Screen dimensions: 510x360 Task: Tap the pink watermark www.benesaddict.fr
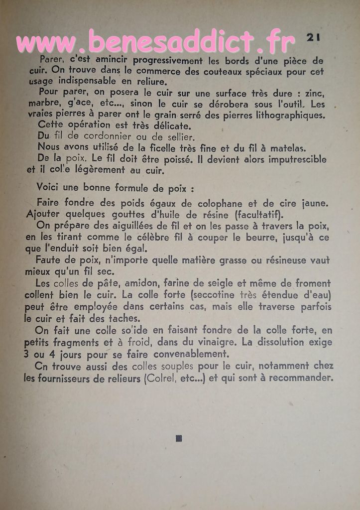pos(155,42)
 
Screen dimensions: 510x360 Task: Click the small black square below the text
pos(179,438)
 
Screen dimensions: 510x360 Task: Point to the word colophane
pos(219,203)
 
